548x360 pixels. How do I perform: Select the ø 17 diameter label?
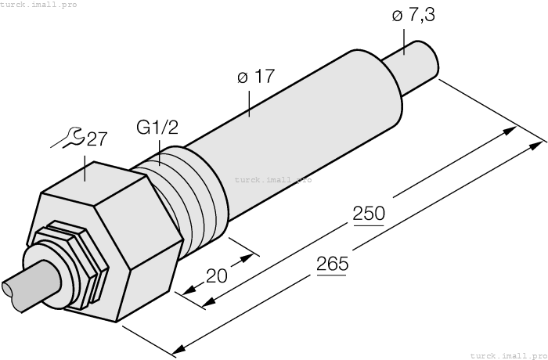pyautogui.click(x=255, y=78)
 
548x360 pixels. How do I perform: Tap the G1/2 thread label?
pyautogui.click(x=157, y=127)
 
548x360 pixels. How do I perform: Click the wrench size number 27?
pyautogui.click(x=97, y=139)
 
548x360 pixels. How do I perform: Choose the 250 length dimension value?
pyautogui.click(x=368, y=214)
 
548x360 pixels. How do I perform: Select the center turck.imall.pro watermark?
pyautogui.click(x=272, y=179)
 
